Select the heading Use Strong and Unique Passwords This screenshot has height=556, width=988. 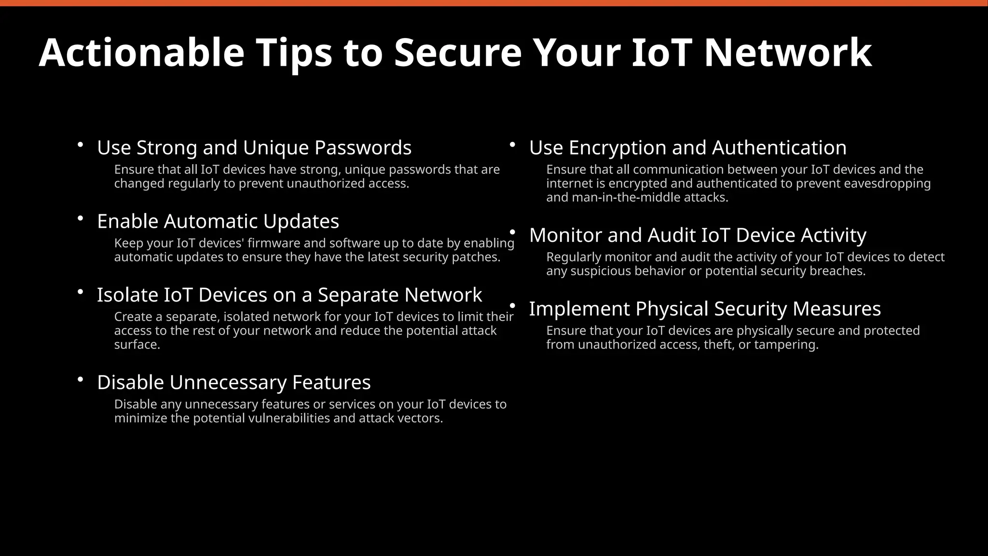(254, 148)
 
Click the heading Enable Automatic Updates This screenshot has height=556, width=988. (218, 222)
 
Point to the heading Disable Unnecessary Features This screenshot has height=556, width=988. (234, 382)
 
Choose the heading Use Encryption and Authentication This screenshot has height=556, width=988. (687, 148)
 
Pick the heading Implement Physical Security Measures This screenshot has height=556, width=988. (705, 309)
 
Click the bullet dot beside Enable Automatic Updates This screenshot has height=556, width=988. (81, 219)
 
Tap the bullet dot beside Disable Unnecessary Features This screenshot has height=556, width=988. (81, 380)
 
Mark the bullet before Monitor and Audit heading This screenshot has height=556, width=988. (513, 233)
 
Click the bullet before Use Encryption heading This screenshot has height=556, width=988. (513, 145)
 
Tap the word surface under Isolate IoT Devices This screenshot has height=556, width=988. (137, 345)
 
